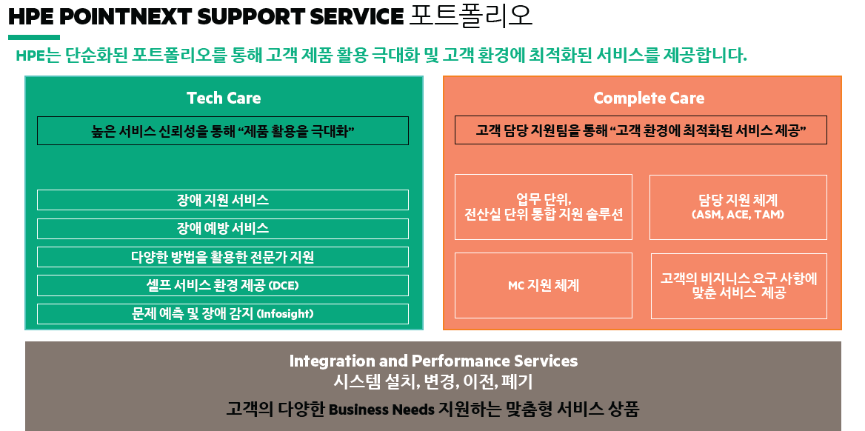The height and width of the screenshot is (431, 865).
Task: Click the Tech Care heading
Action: point(223,98)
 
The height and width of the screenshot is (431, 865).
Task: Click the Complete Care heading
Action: point(648,98)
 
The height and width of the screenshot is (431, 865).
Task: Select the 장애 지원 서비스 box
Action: point(222,200)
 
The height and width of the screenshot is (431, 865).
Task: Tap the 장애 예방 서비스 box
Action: point(222,228)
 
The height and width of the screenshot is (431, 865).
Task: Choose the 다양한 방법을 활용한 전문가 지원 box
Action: point(222,257)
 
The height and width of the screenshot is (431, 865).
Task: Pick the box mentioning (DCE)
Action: point(222,285)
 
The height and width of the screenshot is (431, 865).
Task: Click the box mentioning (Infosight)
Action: point(222,313)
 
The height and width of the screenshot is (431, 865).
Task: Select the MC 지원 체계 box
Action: point(544,285)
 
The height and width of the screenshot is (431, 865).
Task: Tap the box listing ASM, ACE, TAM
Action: point(738,207)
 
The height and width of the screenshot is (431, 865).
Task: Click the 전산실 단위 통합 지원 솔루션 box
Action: point(544,207)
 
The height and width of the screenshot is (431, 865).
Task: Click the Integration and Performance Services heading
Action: point(433,361)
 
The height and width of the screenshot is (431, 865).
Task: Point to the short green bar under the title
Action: point(34,37)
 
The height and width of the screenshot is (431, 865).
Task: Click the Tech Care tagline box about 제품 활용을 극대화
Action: point(222,131)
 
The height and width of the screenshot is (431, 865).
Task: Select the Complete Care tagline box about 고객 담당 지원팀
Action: point(641,131)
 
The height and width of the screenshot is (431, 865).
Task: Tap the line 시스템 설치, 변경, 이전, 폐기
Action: point(433,382)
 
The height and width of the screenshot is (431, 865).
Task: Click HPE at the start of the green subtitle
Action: point(30,56)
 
